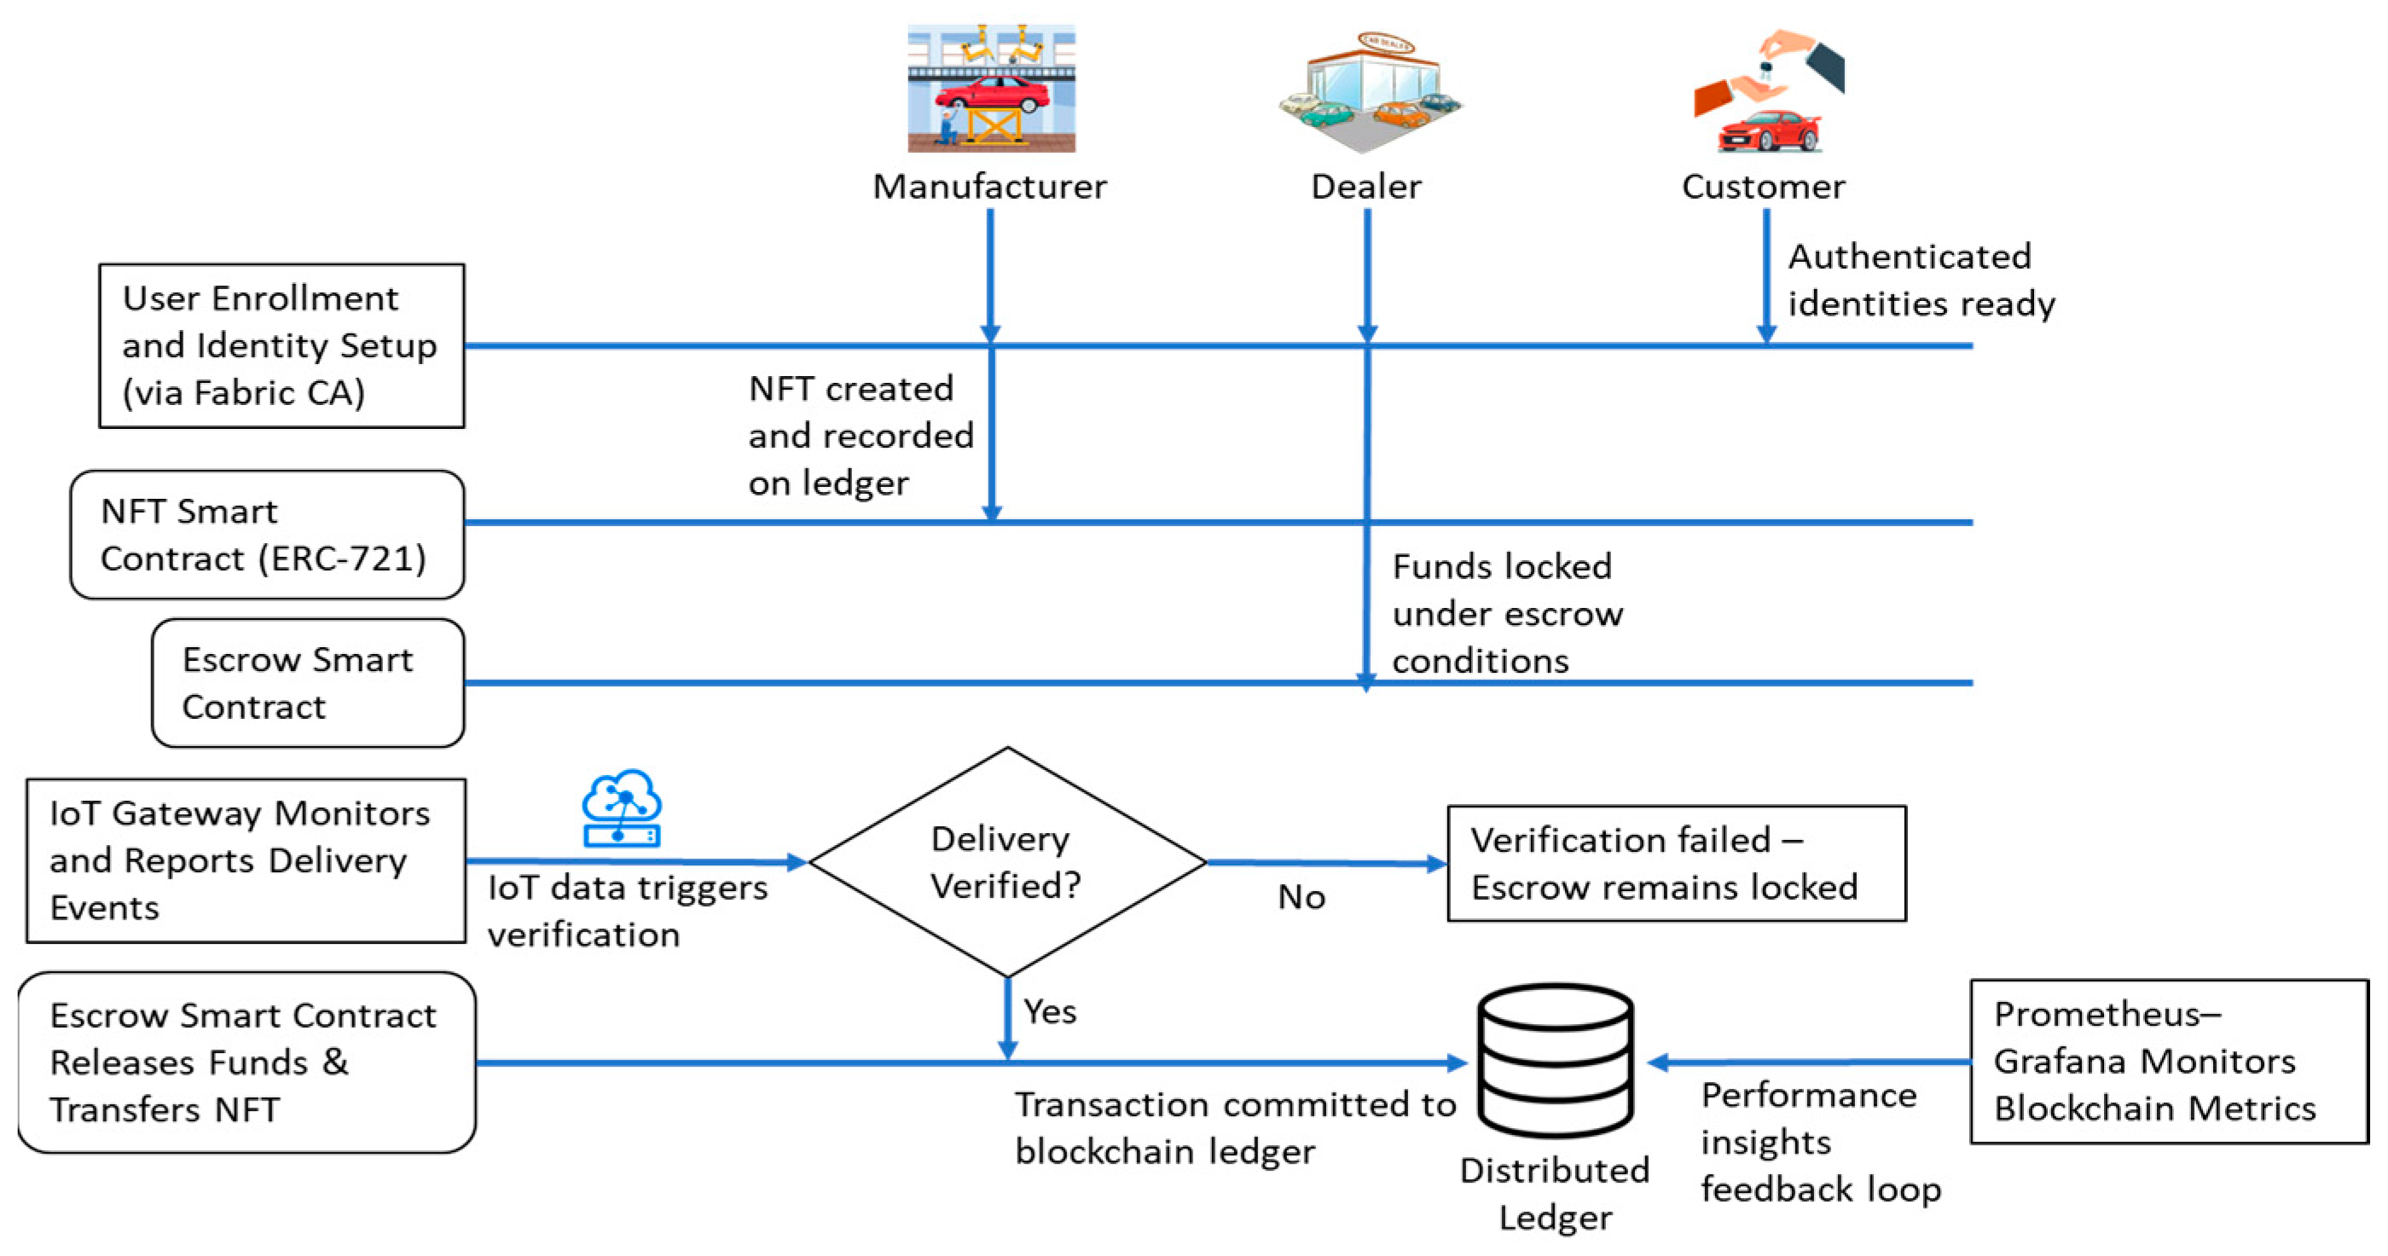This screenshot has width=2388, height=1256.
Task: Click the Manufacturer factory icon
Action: (x=991, y=88)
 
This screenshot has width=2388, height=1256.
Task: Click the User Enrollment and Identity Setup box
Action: (x=281, y=345)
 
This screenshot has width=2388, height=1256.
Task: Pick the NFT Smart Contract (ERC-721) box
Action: (x=267, y=535)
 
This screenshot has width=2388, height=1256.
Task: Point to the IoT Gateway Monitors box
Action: (x=246, y=860)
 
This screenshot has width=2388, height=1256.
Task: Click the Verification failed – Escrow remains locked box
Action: (x=1676, y=863)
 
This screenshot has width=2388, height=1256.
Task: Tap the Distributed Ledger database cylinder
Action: (x=1556, y=1061)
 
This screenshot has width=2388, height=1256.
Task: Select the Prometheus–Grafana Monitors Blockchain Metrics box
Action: (x=2168, y=1062)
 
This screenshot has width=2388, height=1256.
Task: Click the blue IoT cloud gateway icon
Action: (x=621, y=808)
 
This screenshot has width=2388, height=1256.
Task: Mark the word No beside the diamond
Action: (x=1301, y=897)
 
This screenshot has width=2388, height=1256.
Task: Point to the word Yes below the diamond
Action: (x=1049, y=1011)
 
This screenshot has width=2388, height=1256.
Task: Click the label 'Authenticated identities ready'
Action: (x=1921, y=280)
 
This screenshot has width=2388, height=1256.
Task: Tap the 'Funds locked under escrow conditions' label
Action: (x=1507, y=614)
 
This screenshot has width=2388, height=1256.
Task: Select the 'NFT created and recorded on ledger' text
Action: (x=861, y=436)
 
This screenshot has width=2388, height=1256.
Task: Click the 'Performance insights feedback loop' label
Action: (x=1820, y=1142)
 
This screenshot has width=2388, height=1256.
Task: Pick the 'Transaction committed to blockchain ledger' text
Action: (x=1235, y=1128)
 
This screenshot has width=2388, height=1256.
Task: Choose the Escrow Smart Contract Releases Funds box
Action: (x=246, y=1062)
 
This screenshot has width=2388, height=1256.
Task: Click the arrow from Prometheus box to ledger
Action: (x=1808, y=1062)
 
